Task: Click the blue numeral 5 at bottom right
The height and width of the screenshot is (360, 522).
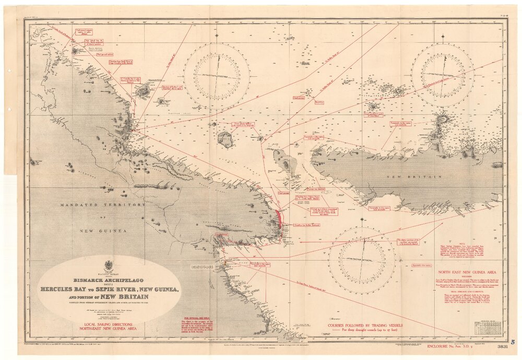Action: (513, 342)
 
